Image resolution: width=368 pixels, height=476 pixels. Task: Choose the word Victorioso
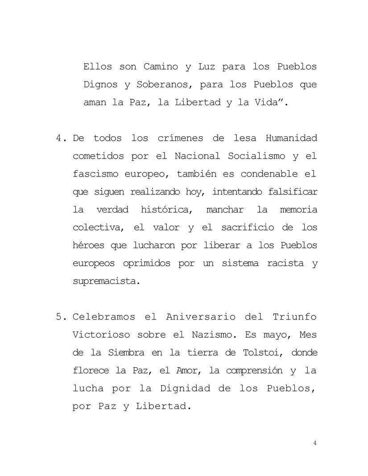point(99,335)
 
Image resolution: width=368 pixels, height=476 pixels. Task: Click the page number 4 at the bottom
point(315,443)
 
